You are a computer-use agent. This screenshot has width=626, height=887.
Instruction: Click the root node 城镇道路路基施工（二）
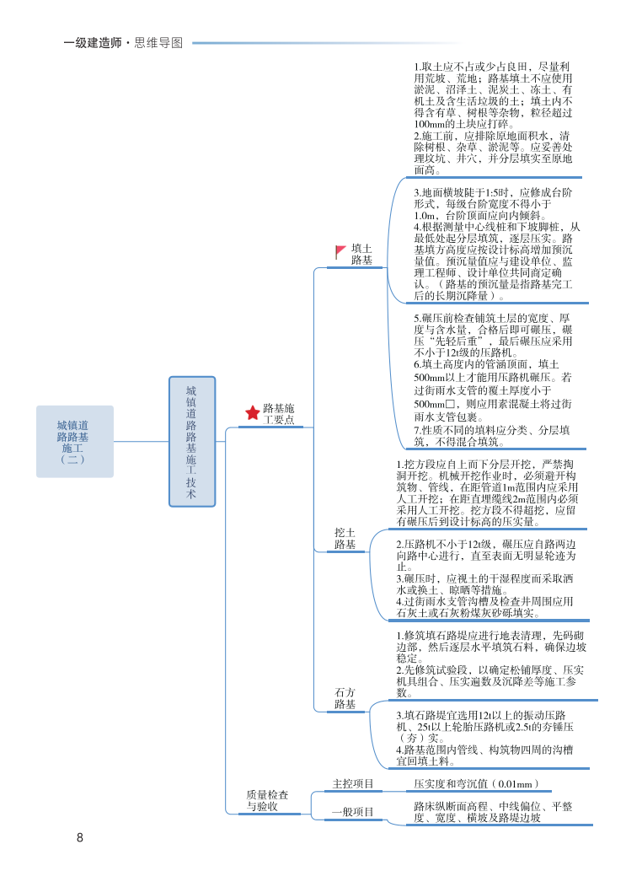(74, 441)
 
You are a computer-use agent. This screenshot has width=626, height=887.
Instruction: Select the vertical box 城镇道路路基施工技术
(191, 441)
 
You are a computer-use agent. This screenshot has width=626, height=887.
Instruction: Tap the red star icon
(253, 412)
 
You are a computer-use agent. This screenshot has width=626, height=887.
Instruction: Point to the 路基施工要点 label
(279, 413)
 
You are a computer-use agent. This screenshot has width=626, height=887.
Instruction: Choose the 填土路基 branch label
(361, 255)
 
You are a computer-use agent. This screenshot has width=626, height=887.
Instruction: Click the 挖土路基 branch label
(345, 539)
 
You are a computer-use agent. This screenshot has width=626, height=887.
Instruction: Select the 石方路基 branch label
(345, 698)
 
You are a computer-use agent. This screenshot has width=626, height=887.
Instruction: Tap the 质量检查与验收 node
(267, 801)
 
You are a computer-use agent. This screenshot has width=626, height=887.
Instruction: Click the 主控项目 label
(353, 784)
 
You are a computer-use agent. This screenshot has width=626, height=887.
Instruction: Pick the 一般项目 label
(353, 812)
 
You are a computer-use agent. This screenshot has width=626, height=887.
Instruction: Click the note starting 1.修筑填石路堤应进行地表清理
(491, 664)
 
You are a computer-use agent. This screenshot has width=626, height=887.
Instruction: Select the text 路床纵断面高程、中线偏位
(493, 812)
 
